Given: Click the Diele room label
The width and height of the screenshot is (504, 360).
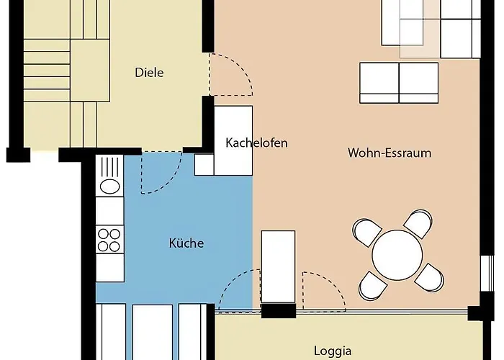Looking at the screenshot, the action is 149,72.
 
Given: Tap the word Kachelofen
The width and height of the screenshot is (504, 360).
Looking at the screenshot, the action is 256,143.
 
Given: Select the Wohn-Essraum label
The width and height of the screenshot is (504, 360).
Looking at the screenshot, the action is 390,153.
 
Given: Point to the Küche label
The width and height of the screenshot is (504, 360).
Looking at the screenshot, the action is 186,243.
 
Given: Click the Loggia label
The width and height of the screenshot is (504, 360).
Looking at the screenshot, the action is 333,351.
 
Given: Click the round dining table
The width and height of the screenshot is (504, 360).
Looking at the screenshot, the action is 397,255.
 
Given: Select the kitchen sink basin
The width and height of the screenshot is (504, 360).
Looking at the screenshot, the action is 110,186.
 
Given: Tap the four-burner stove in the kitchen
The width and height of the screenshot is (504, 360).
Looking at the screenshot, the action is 109,240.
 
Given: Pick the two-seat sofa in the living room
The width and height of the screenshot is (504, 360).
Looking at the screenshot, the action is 399,83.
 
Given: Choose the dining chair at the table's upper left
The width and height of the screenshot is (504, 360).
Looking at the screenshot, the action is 366,232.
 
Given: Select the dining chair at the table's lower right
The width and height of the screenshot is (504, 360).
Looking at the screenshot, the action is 430,278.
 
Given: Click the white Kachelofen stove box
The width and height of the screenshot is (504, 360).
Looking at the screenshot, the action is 233,140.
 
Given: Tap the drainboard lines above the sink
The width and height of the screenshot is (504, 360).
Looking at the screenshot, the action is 109,166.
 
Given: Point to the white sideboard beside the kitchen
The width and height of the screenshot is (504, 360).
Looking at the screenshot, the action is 278,267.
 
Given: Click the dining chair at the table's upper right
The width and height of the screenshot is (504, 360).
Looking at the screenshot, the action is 419,223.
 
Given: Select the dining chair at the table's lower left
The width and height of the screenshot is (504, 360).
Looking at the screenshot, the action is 372,286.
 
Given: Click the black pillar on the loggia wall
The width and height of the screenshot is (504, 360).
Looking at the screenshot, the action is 279,311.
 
